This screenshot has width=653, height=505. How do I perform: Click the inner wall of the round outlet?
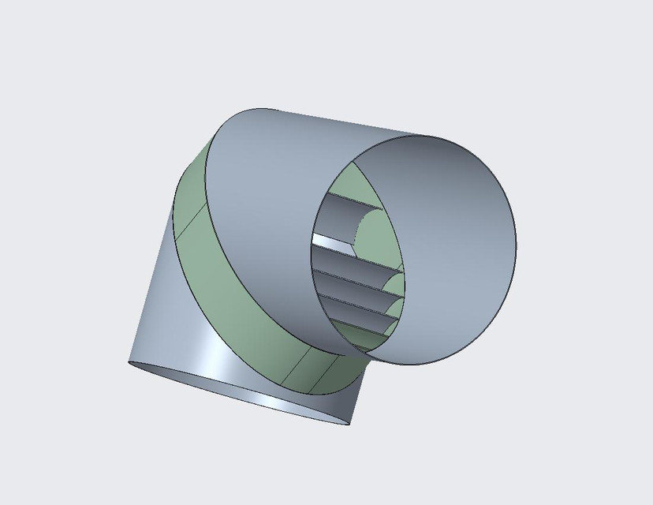450,237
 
